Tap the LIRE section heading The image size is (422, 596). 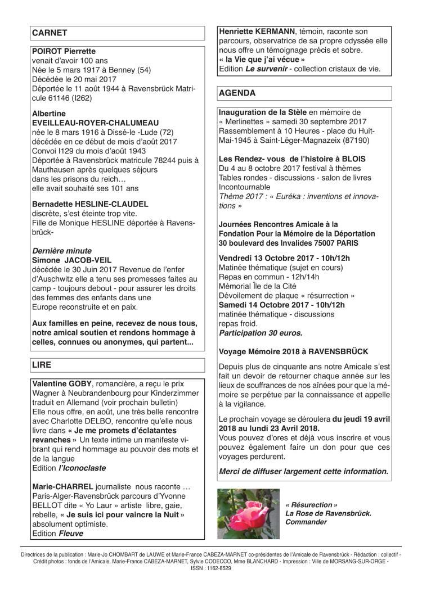click(43, 364)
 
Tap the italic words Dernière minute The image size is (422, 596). click(62, 251)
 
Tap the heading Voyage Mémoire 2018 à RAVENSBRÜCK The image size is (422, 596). click(293, 351)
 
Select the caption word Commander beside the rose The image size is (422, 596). click(306, 522)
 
